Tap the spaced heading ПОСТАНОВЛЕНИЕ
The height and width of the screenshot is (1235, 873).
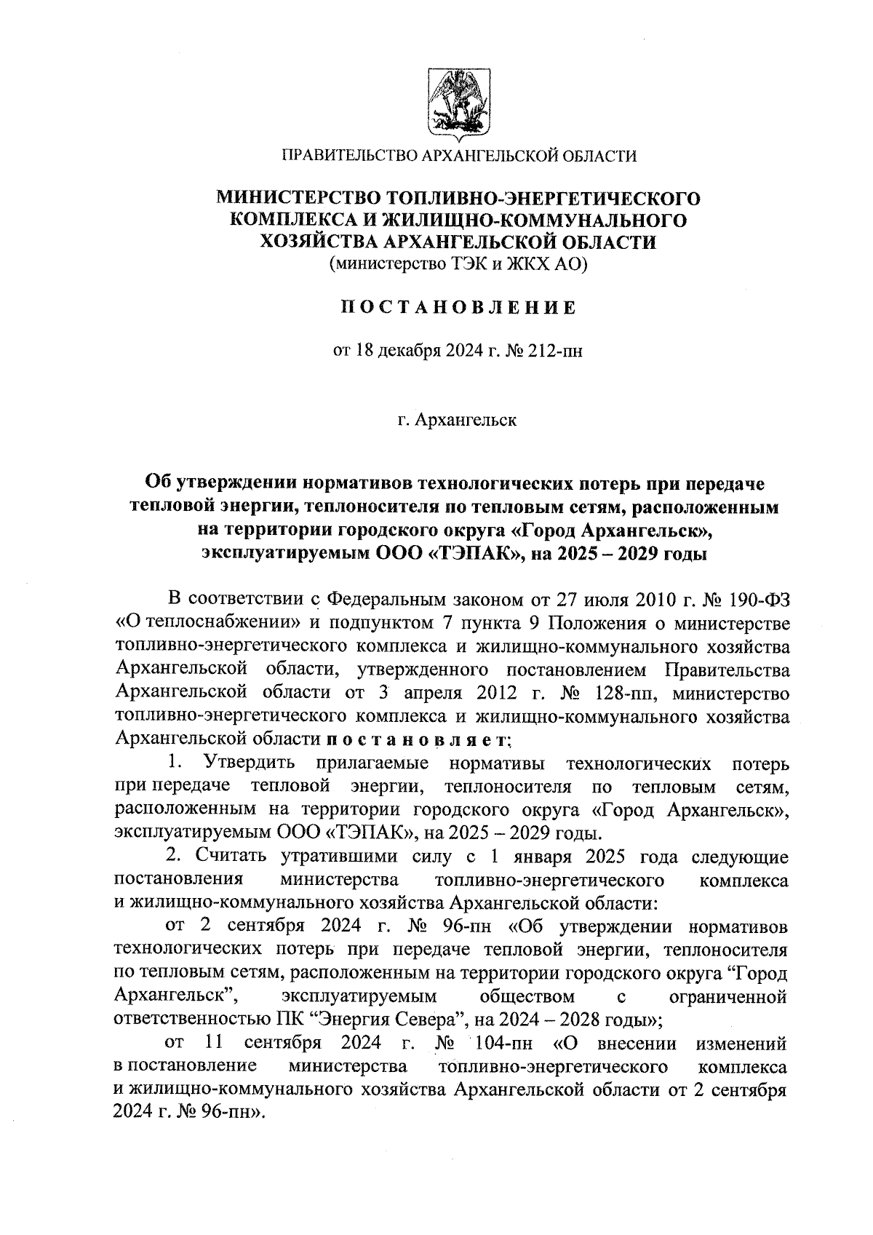458,307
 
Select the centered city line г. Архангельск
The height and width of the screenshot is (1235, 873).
458,421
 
